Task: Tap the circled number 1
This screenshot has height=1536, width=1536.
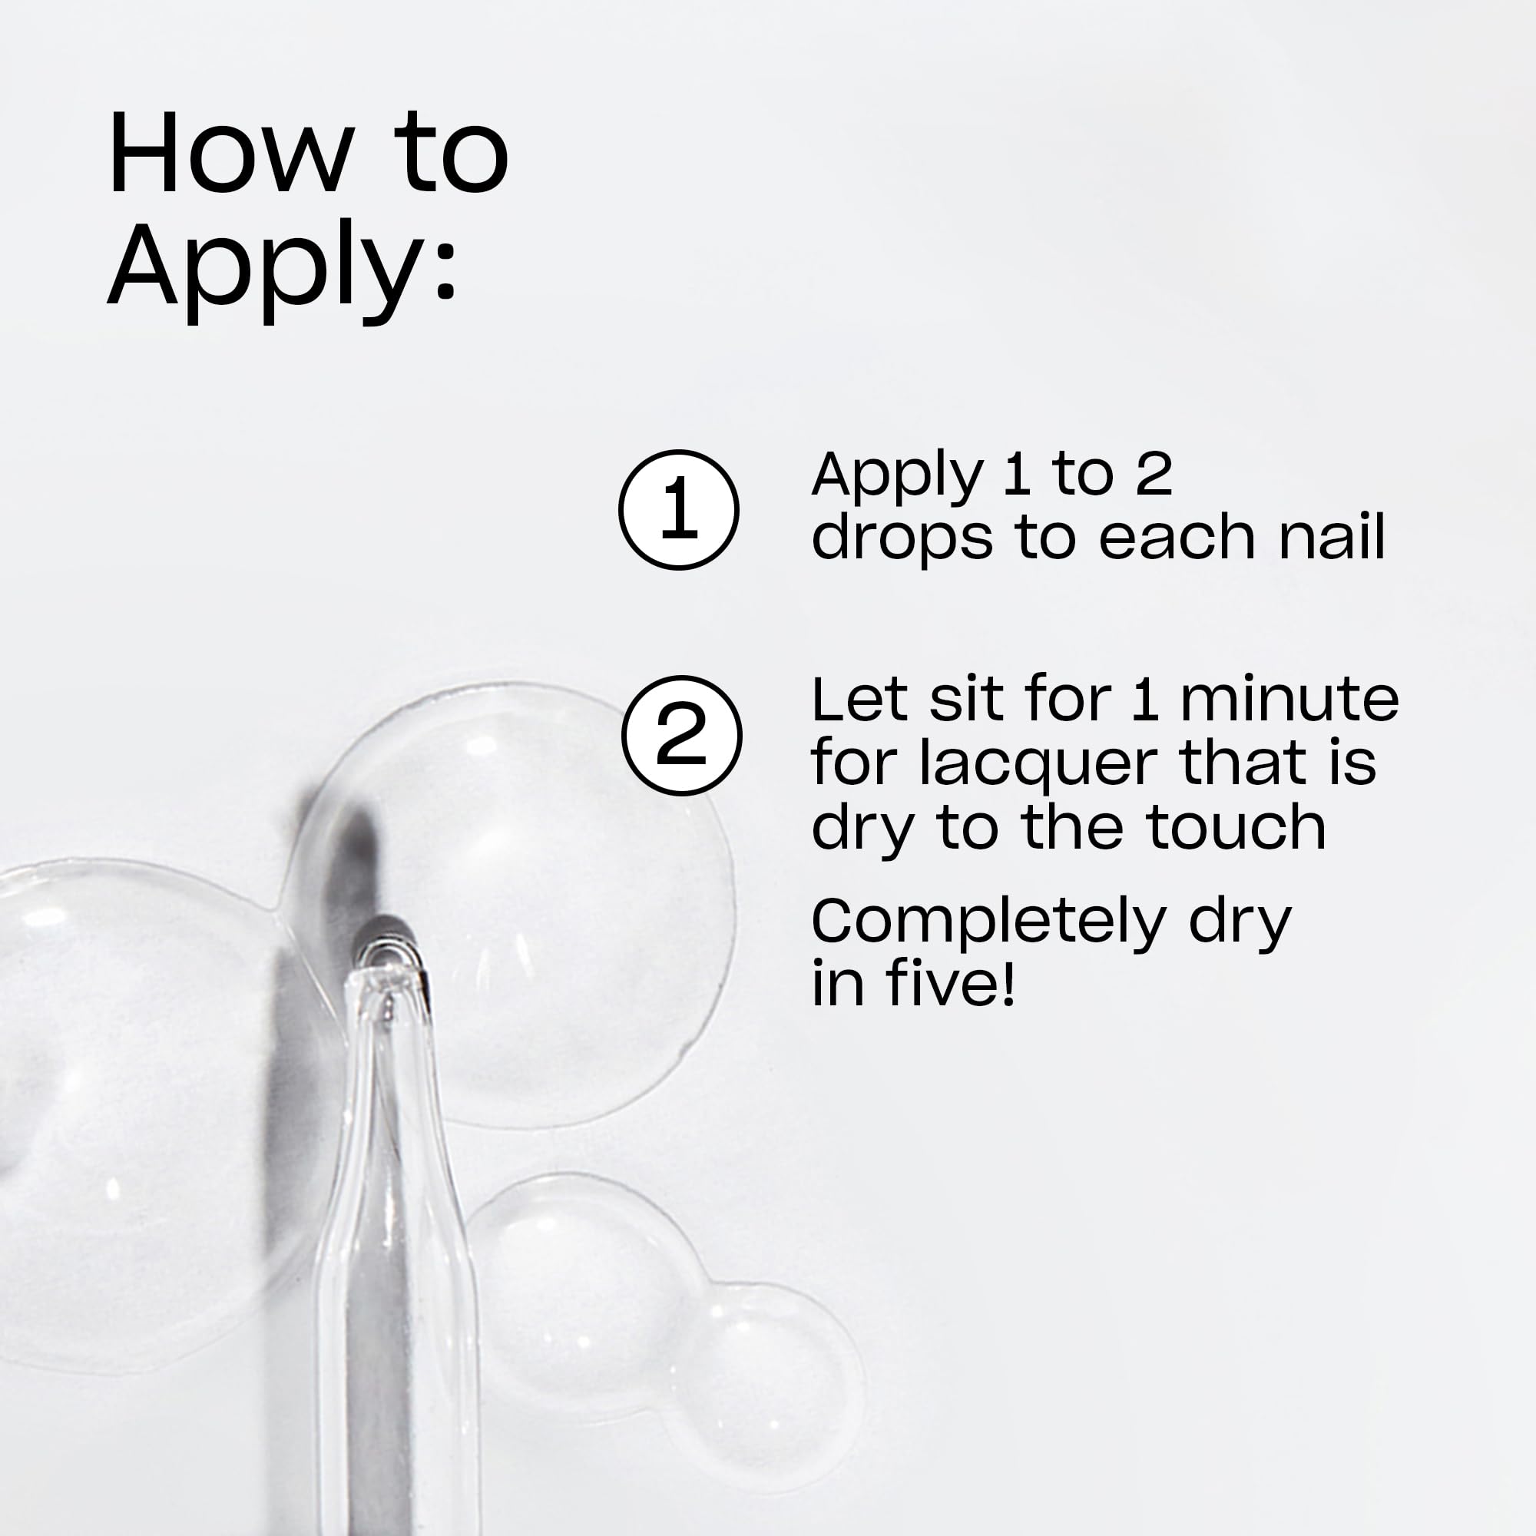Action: [678, 510]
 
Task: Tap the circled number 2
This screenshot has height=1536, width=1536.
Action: [681, 736]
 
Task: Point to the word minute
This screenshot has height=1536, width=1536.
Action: [1289, 700]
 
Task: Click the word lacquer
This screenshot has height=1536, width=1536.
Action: [1038, 763]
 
